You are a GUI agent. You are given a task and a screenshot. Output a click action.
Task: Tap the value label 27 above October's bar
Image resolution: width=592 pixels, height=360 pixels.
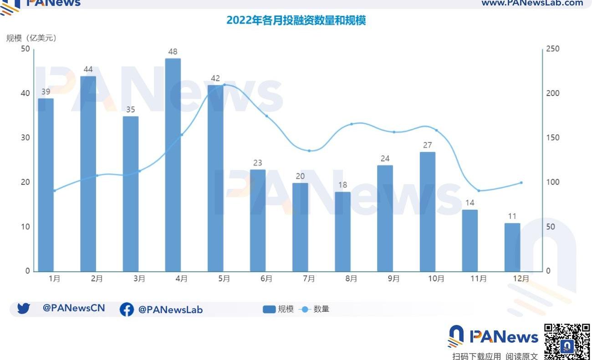pos(428,145)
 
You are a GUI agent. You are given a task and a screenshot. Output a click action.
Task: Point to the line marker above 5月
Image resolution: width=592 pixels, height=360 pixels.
pos(224,85)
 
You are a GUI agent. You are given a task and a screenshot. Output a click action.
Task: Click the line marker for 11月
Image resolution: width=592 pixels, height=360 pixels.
pos(479,191)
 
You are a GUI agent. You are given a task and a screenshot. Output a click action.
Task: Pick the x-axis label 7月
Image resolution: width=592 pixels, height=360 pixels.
pos(309,279)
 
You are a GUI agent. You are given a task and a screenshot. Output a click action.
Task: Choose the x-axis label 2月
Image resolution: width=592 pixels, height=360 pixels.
pos(97,279)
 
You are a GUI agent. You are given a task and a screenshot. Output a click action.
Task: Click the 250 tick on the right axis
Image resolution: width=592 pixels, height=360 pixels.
pos(553,49)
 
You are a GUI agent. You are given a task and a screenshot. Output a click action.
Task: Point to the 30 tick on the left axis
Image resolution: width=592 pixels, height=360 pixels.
pos(26,137)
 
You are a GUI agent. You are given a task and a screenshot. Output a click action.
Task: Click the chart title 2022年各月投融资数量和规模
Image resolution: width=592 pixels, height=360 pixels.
pos(296,20)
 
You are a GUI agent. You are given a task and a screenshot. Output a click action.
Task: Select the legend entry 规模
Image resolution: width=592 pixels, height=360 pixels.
pos(279,309)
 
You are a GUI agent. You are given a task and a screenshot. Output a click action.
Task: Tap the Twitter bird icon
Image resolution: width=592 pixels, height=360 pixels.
pos(23,309)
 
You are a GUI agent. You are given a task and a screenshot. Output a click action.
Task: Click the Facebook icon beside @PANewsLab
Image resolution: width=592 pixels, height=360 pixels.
pos(127,309)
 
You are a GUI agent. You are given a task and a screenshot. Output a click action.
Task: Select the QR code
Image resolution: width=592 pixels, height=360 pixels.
pos(567,341)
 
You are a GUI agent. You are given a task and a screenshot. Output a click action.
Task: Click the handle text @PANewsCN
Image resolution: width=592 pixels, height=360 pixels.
pos(74,308)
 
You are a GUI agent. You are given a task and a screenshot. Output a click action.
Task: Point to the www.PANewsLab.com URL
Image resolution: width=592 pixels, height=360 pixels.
pos(532,3)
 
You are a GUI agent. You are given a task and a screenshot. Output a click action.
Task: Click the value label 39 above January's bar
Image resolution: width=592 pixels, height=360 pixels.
pos(46,91)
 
